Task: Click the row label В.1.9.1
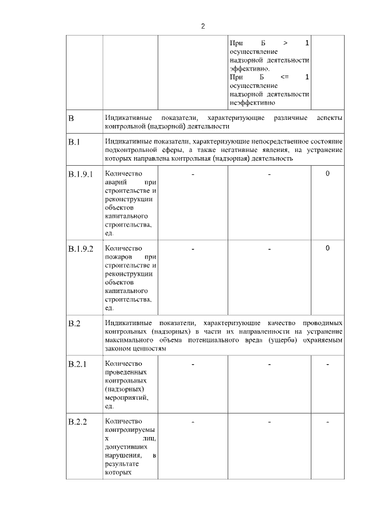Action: click(80, 174)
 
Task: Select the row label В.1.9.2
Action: click(80, 248)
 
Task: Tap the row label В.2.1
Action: click(77, 364)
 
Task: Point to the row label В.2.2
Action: click(77, 423)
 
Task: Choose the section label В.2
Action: click(74, 323)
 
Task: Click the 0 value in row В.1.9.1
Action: click(327, 173)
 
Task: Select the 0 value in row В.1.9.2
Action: click(327, 248)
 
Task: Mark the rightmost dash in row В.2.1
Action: click(327, 364)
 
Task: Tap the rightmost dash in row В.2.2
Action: click(327, 423)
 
